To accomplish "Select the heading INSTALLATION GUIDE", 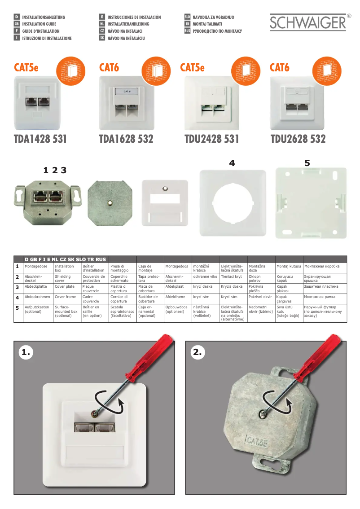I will tap(39, 24).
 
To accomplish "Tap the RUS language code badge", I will tap(187, 31).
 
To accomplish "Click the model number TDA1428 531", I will tap(40, 139).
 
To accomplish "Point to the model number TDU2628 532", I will tap(298, 139).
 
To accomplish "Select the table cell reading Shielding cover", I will tap(63, 279).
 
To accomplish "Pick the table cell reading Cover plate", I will tap(65, 286).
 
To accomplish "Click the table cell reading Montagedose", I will tap(36, 267).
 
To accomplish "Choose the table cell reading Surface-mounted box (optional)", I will tap(66, 311).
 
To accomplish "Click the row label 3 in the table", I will tap(17, 287).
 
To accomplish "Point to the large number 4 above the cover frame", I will tap(232, 164).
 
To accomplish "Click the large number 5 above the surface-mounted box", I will tap(307, 164).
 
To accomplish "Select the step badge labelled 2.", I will tap(198, 352).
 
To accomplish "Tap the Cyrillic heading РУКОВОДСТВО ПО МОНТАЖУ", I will tap(217, 31).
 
